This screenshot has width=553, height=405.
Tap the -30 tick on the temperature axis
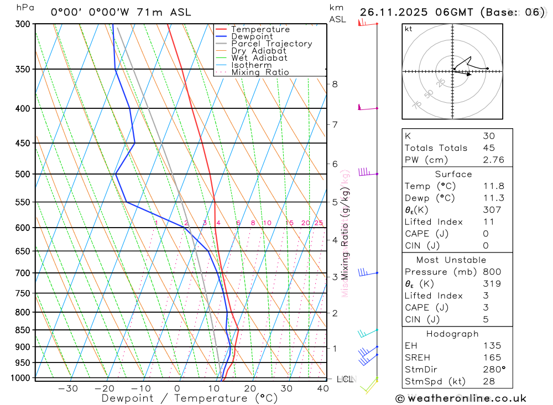click(68, 388)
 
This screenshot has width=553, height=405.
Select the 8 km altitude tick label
click(335, 84)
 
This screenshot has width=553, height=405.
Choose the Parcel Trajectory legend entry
click(272, 44)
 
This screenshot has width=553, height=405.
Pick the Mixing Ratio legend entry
click(260, 72)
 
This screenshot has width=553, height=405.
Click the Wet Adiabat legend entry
click(259, 58)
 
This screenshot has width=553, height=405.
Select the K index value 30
click(488, 136)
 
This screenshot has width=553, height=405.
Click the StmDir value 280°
click(494, 370)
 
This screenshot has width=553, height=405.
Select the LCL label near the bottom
click(346, 379)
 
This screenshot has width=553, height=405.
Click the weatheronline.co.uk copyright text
click(461, 398)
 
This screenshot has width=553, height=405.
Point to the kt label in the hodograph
click(409, 29)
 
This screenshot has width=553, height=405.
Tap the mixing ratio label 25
click(319, 223)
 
